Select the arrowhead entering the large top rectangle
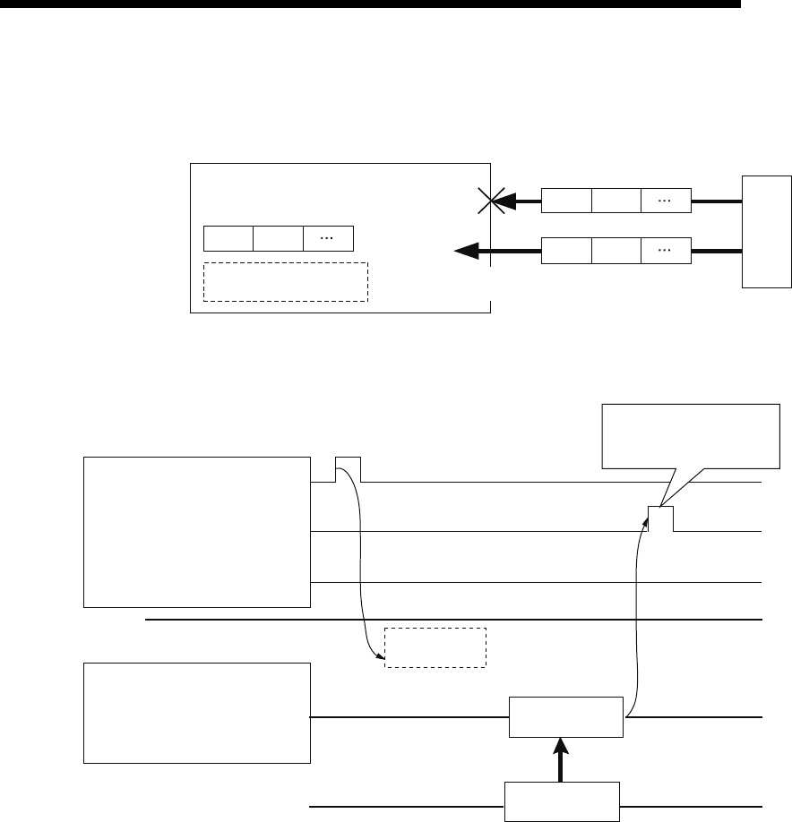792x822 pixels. click(x=466, y=253)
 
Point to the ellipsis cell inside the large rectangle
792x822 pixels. click(x=328, y=239)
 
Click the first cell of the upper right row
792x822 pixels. click(x=566, y=201)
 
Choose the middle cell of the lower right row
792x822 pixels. click(x=616, y=252)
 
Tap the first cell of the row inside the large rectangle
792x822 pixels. click(x=228, y=239)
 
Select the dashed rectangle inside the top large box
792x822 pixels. click(x=286, y=281)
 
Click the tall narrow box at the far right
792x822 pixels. click(x=767, y=233)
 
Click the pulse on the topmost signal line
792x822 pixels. click(x=348, y=469)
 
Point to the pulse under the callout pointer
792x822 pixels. click(x=660, y=518)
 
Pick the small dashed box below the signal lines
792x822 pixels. click(x=435, y=646)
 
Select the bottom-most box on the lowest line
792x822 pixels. click(x=561, y=801)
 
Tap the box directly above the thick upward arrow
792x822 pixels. click(x=565, y=717)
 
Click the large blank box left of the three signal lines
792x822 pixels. click(x=196, y=531)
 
